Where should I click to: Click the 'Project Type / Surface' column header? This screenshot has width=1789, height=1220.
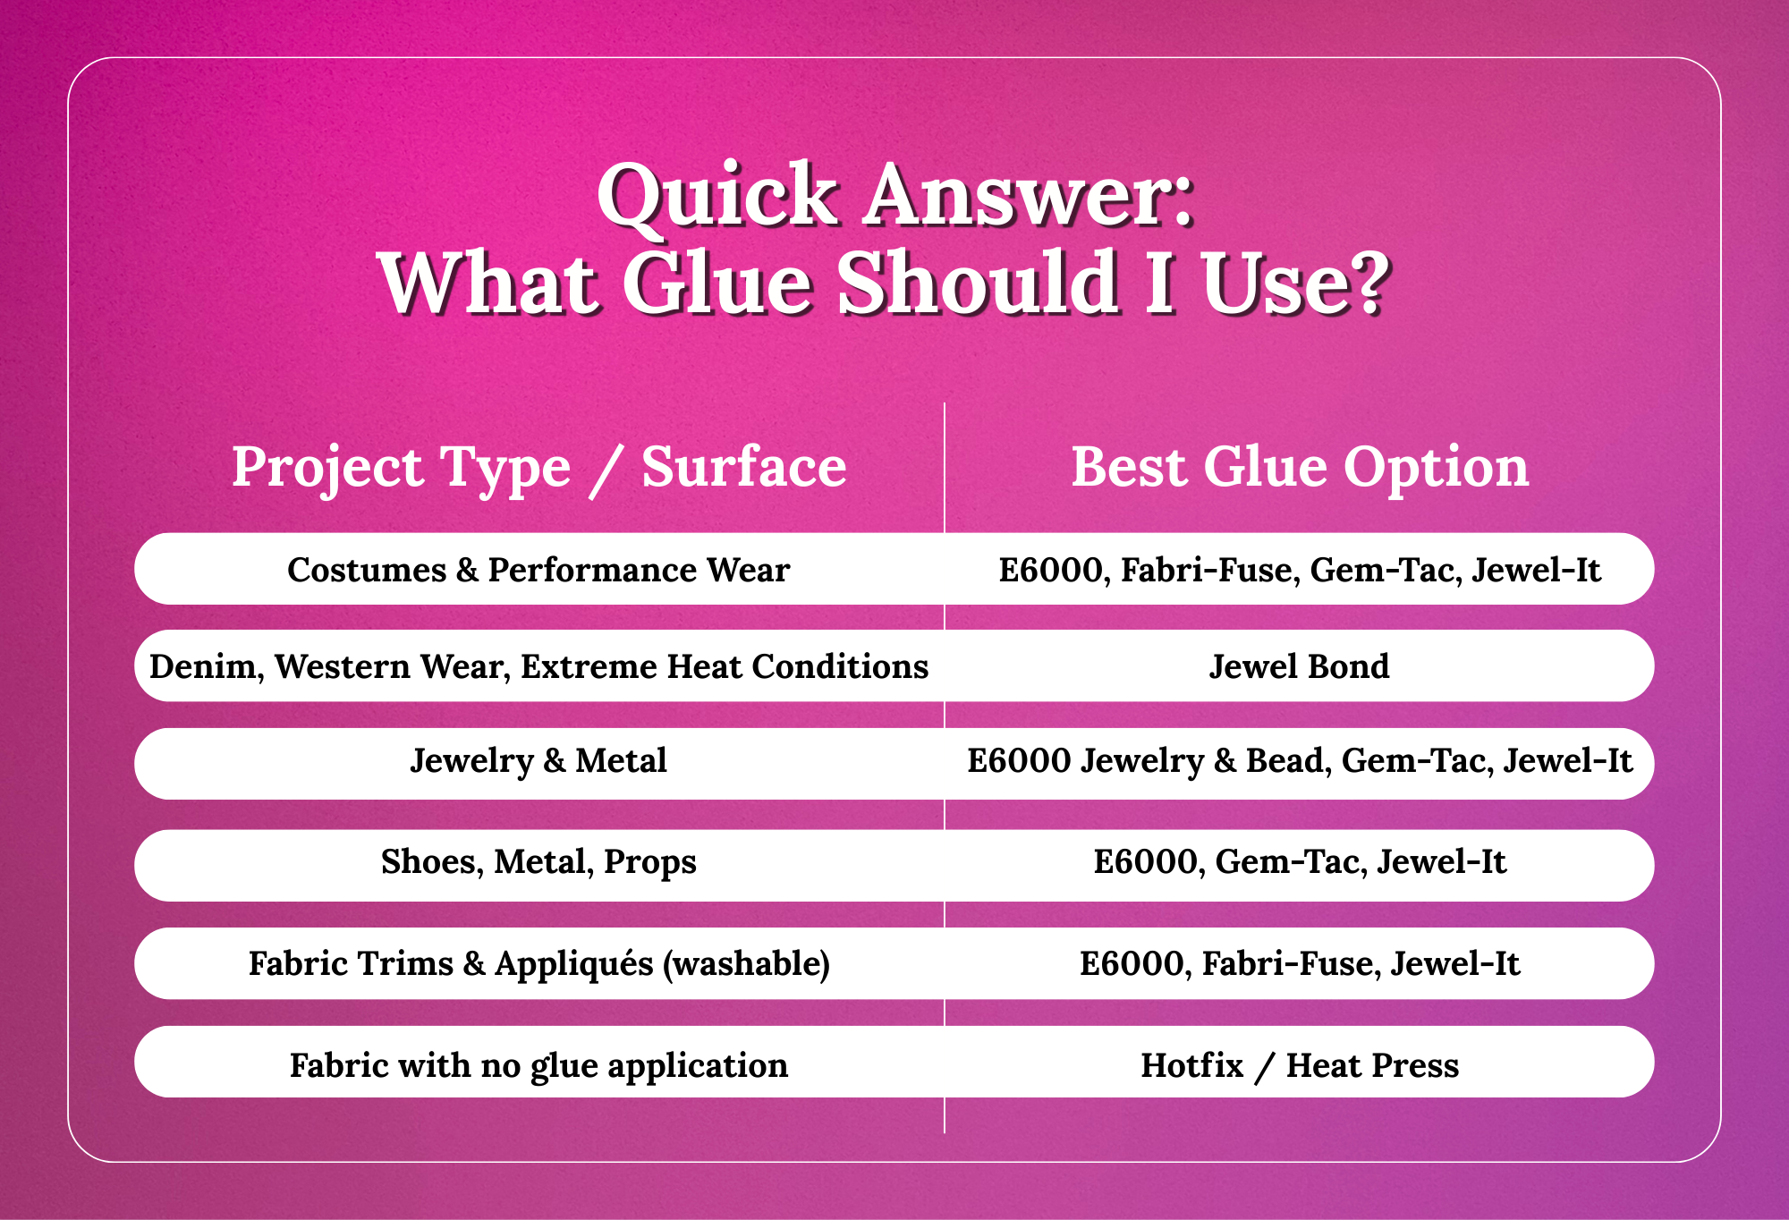click(538, 468)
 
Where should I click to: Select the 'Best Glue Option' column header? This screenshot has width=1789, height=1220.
click(1300, 467)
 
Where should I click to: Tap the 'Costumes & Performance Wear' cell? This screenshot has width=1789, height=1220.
click(538, 570)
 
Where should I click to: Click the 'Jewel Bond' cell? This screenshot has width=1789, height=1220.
click(1299, 666)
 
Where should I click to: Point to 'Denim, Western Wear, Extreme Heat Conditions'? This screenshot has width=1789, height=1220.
click(538, 667)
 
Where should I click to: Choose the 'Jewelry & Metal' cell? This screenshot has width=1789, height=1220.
click(538, 761)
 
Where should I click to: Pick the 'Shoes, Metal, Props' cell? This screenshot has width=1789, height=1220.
click(538, 862)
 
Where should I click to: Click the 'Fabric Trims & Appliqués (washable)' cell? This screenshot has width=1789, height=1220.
click(538, 964)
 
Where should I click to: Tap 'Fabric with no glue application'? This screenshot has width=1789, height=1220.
click(538, 1066)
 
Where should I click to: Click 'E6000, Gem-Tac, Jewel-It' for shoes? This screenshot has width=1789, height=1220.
click(1300, 862)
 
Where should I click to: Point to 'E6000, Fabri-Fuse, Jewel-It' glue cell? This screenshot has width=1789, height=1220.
click(1300, 964)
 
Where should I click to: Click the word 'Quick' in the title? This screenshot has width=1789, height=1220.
click(716, 198)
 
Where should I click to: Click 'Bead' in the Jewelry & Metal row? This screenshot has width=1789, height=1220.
click(1285, 761)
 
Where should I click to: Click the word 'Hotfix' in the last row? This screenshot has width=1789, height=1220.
click(1192, 1066)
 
